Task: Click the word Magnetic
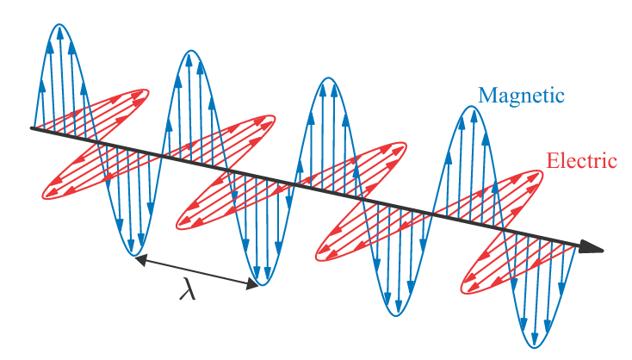tap(521, 95)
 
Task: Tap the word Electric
tap(582, 160)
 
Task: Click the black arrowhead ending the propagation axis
tap(592, 248)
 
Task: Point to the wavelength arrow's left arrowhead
tap(139, 259)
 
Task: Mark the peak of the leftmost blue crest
tap(59, 25)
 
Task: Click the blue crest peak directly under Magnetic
tap(465, 108)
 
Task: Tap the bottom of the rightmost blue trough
tap(535, 346)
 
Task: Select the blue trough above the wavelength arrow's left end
tap(133, 254)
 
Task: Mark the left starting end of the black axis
tap(32, 128)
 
